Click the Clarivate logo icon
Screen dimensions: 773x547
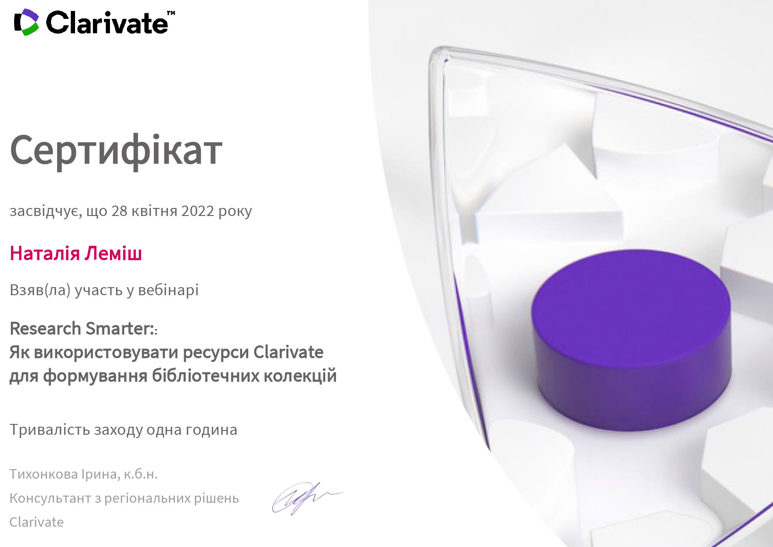click(x=26, y=22)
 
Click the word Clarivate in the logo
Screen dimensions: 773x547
click(x=107, y=23)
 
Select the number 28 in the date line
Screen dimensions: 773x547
click(x=119, y=211)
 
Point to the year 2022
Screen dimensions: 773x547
click(x=198, y=211)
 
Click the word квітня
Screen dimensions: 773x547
click(x=155, y=211)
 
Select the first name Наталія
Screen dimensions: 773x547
click(x=45, y=254)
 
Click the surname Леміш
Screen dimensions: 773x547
click(x=113, y=254)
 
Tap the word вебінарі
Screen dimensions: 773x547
click(x=168, y=290)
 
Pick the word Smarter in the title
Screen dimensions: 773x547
click(x=119, y=328)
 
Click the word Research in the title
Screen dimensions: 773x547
click(x=45, y=328)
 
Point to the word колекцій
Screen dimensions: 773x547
click(x=300, y=375)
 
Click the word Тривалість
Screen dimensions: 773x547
click(x=50, y=430)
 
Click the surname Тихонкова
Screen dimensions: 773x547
click(x=43, y=474)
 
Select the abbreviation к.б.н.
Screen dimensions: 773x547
click(x=141, y=474)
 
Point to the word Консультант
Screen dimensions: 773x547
click(x=50, y=498)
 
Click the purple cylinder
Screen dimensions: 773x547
click(x=631, y=340)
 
